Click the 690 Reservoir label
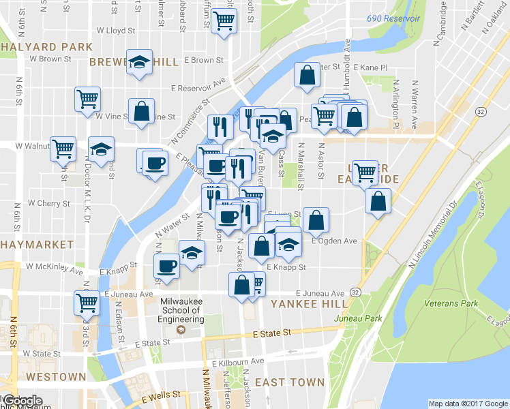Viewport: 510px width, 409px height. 393,18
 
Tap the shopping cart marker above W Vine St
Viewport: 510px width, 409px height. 87,100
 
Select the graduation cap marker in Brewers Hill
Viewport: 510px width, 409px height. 140,62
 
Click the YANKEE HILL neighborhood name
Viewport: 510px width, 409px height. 305,304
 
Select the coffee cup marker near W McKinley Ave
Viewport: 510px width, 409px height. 167,265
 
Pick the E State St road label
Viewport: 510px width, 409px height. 272,333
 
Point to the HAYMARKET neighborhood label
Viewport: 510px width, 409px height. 37,244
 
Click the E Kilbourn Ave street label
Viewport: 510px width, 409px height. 237,361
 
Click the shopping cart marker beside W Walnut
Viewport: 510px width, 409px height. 63,147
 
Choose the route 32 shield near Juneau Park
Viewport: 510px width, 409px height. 356,292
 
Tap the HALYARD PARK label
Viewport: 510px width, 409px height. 46,47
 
